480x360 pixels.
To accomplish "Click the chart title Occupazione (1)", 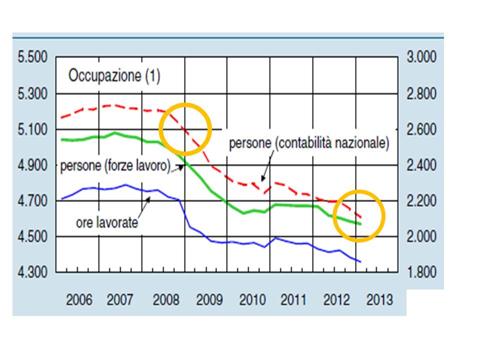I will point(114,76).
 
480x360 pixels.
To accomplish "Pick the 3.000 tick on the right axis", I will point(421,57).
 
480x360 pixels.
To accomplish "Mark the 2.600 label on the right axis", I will point(421,129).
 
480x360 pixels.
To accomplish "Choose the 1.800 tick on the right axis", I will point(421,272).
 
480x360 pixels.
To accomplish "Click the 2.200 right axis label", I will point(421,201).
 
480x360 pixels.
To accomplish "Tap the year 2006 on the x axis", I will point(79,300).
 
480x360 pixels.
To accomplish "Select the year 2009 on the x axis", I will point(208,300).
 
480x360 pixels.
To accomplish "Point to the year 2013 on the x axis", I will point(379,300).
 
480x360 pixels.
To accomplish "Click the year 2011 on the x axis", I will point(293,300).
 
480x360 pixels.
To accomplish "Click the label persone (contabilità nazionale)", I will point(308,143).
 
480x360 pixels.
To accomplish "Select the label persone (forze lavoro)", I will point(115,166).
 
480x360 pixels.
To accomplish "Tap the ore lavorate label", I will point(106,222).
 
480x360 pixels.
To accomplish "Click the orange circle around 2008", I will point(185,129).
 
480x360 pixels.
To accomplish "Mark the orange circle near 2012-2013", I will point(359,216).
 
